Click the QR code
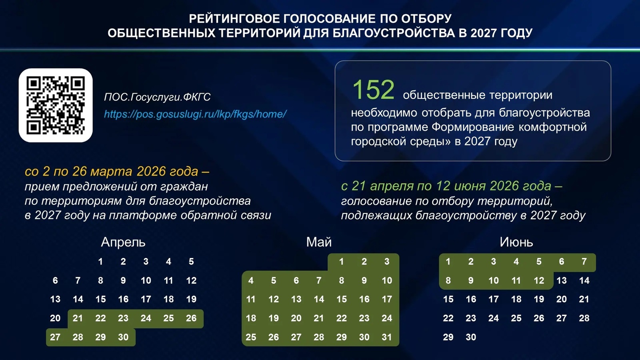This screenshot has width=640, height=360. [x=56, y=105]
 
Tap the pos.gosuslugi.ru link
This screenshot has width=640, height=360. [x=195, y=114]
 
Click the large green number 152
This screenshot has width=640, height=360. [x=373, y=90]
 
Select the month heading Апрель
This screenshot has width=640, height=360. [x=123, y=242]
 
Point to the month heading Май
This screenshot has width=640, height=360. [x=319, y=242]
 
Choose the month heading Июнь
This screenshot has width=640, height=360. [x=516, y=242]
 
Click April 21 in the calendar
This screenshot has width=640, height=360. [x=78, y=318]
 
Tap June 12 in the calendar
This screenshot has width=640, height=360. [x=539, y=280]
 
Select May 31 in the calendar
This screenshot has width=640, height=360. [x=386, y=337]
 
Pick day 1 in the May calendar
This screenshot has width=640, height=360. [x=341, y=262]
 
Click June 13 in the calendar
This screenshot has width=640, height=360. [x=562, y=280]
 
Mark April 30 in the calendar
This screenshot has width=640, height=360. [x=123, y=337]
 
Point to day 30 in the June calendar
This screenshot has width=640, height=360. [x=471, y=337]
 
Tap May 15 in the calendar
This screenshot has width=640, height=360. [x=341, y=299]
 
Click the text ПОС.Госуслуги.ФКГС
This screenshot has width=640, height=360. [x=157, y=97]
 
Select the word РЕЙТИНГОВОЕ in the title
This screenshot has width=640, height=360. [x=235, y=19]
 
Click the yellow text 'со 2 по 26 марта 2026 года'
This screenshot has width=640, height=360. [x=112, y=171]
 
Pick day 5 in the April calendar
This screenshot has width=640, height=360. [x=191, y=262]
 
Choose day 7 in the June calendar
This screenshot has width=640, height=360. [x=584, y=262]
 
